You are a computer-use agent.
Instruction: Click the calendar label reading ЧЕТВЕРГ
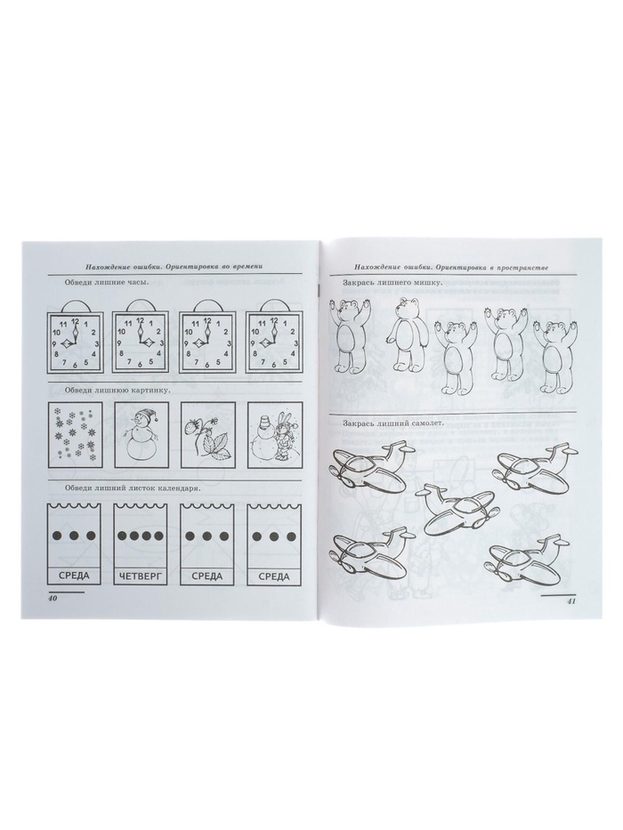pos(140,576)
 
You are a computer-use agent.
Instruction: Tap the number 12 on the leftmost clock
pos(74,320)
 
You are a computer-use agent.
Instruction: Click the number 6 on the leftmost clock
pos(74,365)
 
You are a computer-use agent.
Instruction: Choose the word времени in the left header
pos(244,266)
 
